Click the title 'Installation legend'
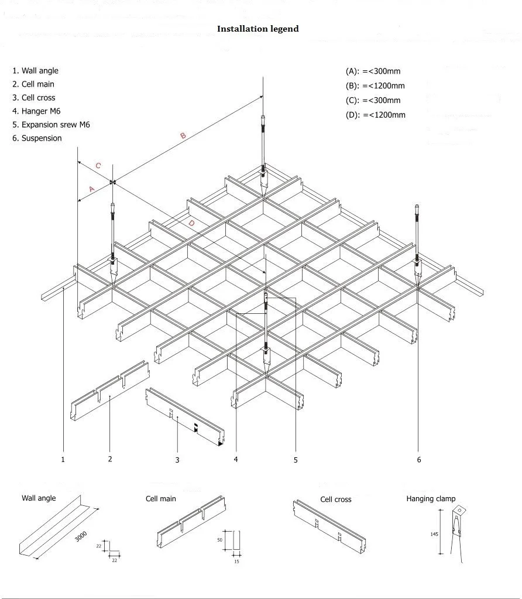pos(257,29)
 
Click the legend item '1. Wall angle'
pos(36,71)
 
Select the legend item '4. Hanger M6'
pos(36,111)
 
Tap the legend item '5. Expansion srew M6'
pos(51,125)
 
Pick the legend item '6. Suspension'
pos(37,138)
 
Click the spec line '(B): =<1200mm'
pos(375,86)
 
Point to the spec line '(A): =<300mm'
pos(373,71)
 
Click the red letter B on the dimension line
pos(183,136)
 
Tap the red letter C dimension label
pos(98,166)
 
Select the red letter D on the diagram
pos(191,223)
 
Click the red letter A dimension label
pos(91,189)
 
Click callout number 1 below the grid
pos(63,460)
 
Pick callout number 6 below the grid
pos(419,460)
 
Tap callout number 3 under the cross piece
pos(177,460)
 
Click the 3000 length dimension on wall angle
pos(81,536)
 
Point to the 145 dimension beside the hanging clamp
pos(434,534)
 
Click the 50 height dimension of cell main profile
pos(220,540)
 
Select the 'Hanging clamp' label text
pos(431,499)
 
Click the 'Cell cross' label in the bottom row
pos(335,499)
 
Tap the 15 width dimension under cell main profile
pos(236,562)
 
